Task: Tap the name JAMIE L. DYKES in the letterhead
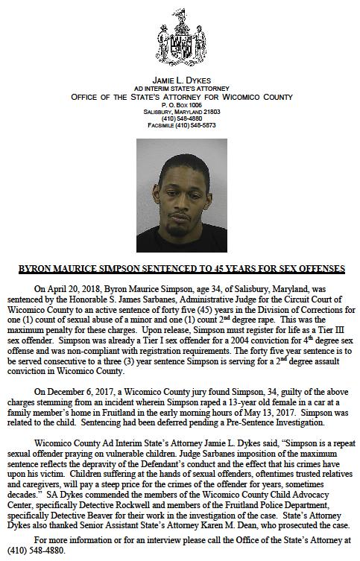180,78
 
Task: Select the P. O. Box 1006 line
180,105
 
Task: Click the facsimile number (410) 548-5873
195,126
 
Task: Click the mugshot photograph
180,194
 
